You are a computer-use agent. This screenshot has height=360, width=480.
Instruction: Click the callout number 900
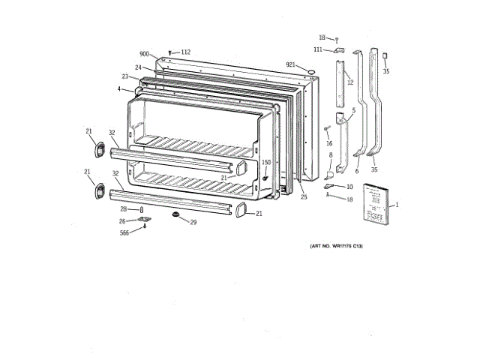(144, 53)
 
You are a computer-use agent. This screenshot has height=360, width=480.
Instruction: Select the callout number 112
(185, 52)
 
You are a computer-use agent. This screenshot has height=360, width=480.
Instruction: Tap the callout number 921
(290, 65)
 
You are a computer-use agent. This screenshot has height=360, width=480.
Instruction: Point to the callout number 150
(265, 163)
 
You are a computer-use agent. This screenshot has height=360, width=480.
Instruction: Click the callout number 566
(124, 233)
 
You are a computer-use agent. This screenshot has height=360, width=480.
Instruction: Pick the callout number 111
(318, 49)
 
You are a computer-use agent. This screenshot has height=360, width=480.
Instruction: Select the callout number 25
(304, 197)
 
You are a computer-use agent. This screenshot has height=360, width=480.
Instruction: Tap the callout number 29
(193, 222)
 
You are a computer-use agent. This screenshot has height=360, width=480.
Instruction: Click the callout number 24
(138, 67)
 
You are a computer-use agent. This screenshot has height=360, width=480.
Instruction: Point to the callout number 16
(328, 142)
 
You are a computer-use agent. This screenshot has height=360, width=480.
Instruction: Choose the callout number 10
(349, 186)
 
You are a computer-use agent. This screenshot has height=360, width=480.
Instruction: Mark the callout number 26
(122, 220)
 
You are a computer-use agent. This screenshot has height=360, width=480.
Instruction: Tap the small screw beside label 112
(172, 52)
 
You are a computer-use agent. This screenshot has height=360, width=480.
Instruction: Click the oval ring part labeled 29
(176, 216)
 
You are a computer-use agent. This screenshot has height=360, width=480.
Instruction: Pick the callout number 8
(329, 155)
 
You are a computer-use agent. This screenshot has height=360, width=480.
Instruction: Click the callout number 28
(124, 209)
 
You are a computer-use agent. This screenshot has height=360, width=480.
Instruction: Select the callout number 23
(125, 76)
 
